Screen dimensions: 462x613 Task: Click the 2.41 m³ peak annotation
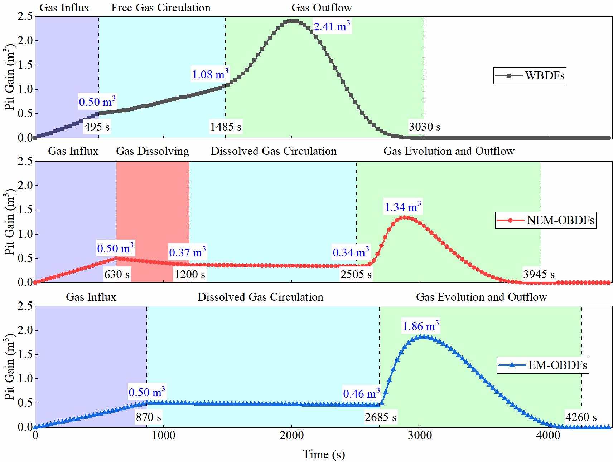pos(332,26)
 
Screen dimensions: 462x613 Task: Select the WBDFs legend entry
pos(530,75)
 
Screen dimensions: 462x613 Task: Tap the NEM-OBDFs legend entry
pos(546,220)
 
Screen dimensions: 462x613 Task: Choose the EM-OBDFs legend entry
pos(543,365)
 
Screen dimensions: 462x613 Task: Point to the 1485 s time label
pos(226,127)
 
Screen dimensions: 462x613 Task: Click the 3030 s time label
pos(425,127)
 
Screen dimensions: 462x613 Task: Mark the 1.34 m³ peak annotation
pos(403,207)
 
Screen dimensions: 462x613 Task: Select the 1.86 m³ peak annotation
pos(421,326)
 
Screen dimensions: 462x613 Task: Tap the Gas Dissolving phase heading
pos(153,151)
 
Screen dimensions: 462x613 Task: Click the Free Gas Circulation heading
pos(161,8)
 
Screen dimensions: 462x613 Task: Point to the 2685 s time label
pos(381,417)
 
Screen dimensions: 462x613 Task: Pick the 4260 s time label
pos(581,417)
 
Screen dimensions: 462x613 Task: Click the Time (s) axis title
pos(324,454)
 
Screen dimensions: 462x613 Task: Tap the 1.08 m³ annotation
pos(210,74)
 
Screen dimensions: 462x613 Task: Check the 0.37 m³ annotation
pos(187,252)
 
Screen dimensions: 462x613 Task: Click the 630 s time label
pos(117,274)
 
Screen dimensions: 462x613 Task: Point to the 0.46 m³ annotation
pos(361,394)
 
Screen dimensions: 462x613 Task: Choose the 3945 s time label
pos(539,274)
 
